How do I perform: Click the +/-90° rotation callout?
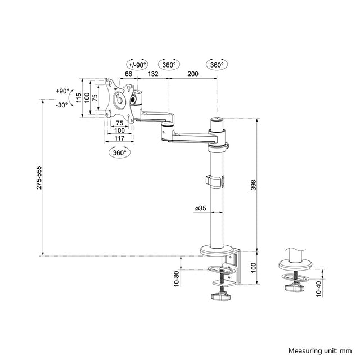138,64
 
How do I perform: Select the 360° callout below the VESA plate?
119,152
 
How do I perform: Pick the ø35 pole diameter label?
201,209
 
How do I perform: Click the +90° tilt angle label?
62,91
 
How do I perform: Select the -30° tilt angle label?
62,105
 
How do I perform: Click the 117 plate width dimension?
119,138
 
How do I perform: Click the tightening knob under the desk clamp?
221,296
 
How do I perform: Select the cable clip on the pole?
214,182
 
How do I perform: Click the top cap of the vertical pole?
217,120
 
